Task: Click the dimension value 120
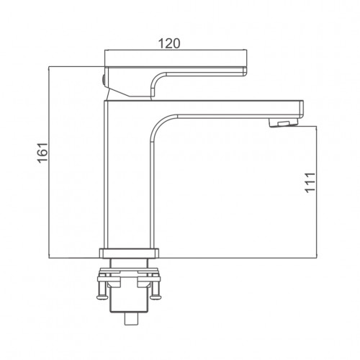[169, 43]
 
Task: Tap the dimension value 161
[42, 153]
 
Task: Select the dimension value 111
[310, 182]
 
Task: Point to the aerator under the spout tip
[284, 122]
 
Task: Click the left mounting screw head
[102, 297]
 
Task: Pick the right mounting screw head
[155, 297]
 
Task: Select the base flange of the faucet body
[129, 253]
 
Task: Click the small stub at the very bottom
[131, 319]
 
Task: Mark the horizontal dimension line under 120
[176, 50]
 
